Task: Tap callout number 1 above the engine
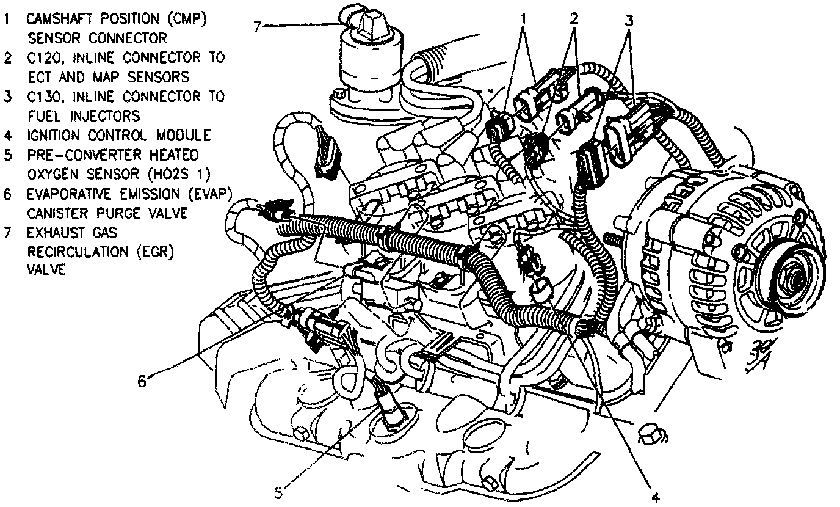click(x=523, y=18)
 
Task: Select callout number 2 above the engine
click(x=573, y=18)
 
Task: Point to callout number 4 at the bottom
click(x=656, y=497)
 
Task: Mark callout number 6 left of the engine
click(x=142, y=381)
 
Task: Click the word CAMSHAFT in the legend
click(x=60, y=18)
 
